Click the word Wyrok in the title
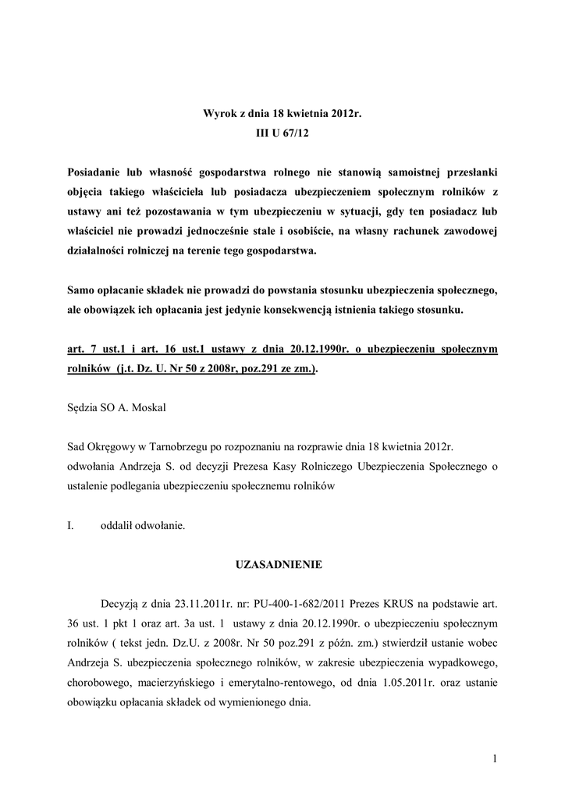[x=220, y=114]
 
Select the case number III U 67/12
[x=282, y=134]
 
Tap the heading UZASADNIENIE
[x=282, y=563]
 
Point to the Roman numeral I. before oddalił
[x=71, y=526]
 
